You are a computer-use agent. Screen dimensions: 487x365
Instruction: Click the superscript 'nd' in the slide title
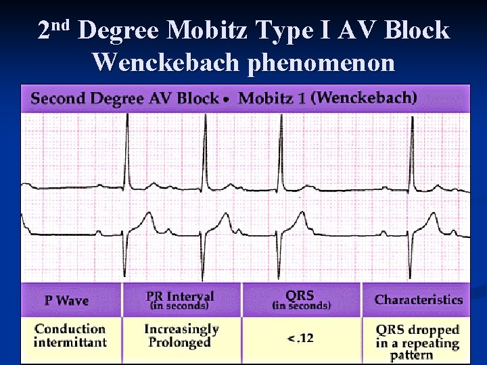tap(63, 26)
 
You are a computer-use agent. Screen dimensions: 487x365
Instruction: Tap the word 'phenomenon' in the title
tap(322, 62)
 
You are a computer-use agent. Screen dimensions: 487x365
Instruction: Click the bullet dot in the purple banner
tap(229, 99)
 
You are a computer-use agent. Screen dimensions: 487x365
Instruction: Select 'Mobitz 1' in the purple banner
tap(272, 99)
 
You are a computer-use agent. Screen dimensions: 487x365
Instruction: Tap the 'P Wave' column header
tap(66, 300)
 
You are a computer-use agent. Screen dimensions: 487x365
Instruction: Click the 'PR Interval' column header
tap(179, 296)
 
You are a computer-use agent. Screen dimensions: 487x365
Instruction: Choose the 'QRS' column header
tap(300, 295)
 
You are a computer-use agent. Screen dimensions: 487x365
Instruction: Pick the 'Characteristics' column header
tap(419, 299)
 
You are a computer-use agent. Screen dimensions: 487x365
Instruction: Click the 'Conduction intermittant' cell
tap(70, 335)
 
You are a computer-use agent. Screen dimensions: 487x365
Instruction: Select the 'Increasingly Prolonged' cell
tap(181, 335)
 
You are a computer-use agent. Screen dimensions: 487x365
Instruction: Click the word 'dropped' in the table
tap(436, 330)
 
